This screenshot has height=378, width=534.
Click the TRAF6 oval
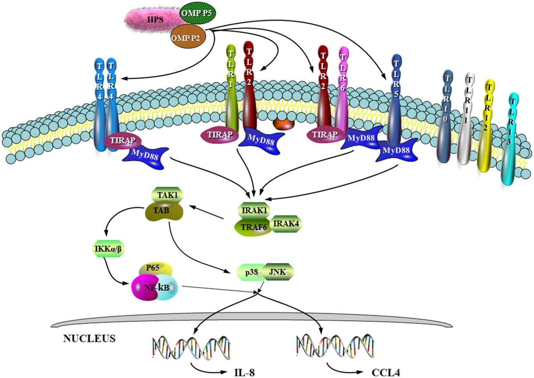coord(252,226)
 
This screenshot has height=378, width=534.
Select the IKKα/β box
coord(105,248)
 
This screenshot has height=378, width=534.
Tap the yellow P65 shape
coord(154,270)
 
